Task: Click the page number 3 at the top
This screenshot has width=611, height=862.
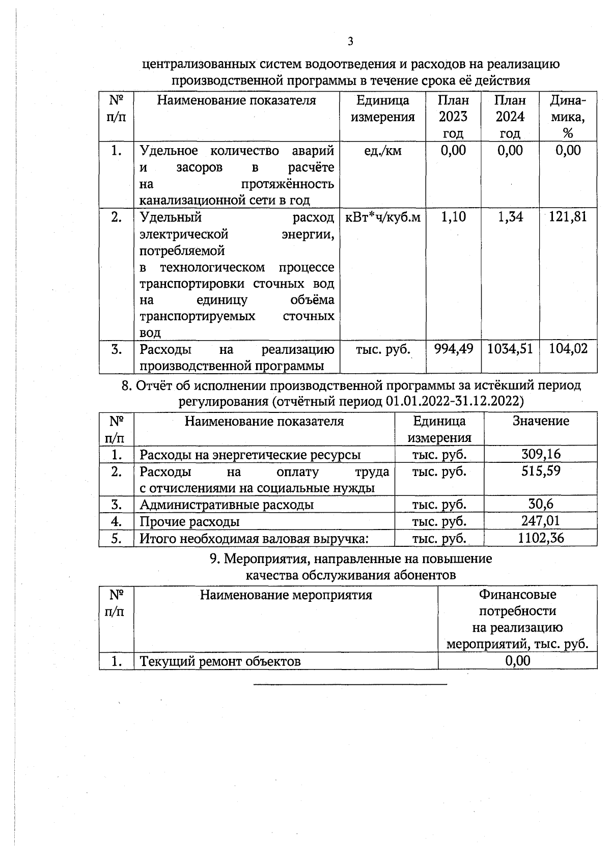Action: [x=350, y=41]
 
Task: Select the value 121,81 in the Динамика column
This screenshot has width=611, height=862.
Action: [x=568, y=217]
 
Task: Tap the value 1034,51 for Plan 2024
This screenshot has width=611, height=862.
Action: [x=510, y=349]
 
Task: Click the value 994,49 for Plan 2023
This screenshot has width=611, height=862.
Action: [x=453, y=349]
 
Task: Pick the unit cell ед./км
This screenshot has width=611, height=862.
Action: [x=383, y=151]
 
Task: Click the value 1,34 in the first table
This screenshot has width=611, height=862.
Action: [x=510, y=217]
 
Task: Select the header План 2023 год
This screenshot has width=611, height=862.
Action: [x=453, y=117]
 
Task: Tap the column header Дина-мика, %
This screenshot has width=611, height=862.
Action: [x=568, y=117]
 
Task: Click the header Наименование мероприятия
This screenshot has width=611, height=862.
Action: [x=286, y=595]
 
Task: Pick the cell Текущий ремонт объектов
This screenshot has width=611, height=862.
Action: [x=220, y=661]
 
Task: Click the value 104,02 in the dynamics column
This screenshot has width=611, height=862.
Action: [x=568, y=349]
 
